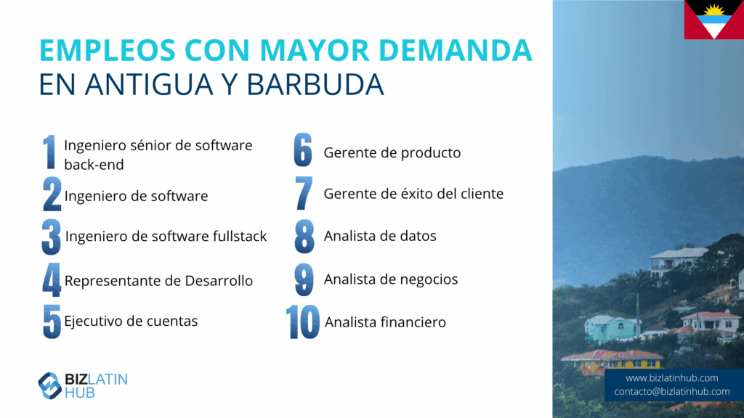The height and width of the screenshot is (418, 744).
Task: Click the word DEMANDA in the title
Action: coord(456,50)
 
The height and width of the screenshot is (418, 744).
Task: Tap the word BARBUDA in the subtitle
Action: coord(315,84)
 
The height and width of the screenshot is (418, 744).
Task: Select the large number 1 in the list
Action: coord(49,152)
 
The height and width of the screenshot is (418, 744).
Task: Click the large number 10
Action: coord(303,321)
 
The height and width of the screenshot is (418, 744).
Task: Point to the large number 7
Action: coord(304,193)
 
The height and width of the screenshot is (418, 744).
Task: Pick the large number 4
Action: coord(52,279)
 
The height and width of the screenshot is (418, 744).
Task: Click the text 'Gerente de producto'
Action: coord(392,152)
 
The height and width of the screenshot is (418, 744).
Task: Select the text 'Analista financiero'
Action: coord(385,322)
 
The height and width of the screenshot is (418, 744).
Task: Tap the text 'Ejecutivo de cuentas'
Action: coord(131,321)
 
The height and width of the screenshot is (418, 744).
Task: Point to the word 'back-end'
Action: coord(94,165)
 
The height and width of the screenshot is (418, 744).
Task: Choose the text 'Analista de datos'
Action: coord(379,236)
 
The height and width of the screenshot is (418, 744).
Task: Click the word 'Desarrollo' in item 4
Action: coord(219,281)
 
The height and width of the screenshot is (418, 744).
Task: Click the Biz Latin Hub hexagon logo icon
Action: coord(50,386)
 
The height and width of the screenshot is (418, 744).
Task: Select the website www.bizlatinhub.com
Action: coord(671,377)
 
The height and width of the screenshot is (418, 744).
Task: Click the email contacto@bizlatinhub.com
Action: coord(671,391)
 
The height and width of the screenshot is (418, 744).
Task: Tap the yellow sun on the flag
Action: coord(713,10)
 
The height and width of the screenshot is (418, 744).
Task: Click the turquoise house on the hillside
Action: coord(612,328)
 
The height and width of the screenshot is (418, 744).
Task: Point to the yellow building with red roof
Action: coord(612,361)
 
